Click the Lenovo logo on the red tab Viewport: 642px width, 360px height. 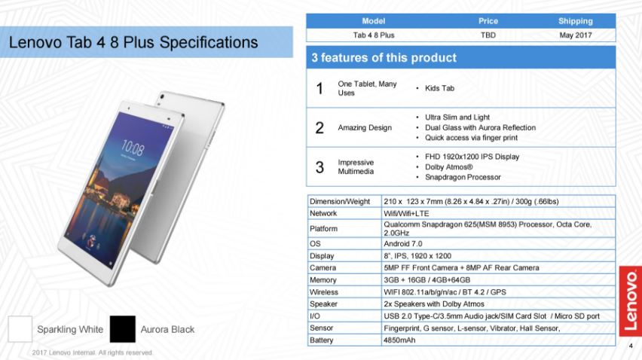(x=631, y=301)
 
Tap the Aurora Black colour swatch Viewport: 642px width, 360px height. (x=122, y=329)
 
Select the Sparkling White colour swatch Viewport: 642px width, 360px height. (x=20, y=329)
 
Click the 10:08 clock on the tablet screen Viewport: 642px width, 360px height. (x=133, y=148)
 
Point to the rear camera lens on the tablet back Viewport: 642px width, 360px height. (x=163, y=97)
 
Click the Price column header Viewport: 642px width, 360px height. (x=488, y=21)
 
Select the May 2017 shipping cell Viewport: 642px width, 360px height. (x=575, y=35)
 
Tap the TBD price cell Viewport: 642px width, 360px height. (x=488, y=35)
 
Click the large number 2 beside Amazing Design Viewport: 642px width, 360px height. (x=319, y=128)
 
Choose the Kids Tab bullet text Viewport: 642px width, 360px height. (x=439, y=88)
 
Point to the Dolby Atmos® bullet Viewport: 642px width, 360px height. (x=449, y=167)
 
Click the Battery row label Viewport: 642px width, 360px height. (x=322, y=340)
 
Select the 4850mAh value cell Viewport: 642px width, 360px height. (x=399, y=340)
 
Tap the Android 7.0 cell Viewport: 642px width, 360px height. (x=403, y=244)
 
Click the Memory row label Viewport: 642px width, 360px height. (x=323, y=280)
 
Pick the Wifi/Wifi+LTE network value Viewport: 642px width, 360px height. (x=406, y=214)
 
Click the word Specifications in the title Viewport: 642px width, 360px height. (x=209, y=42)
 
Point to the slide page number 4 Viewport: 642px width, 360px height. (x=631, y=346)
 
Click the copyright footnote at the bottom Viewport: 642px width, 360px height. (x=93, y=352)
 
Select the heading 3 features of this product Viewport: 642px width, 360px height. (x=384, y=58)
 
